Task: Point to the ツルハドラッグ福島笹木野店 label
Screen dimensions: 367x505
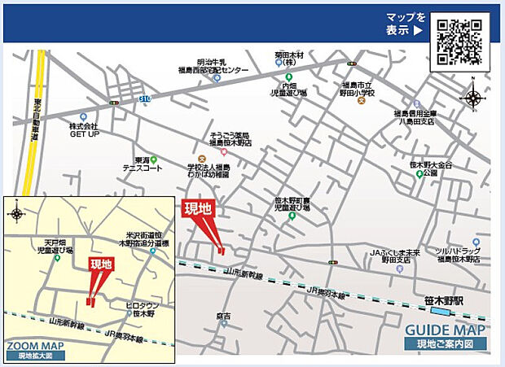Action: click(x=459, y=255)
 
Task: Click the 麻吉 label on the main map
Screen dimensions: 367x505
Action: click(x=224, y=316)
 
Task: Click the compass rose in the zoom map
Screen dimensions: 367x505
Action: click(x=16, y=214)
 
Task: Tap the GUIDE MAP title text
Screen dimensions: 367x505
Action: click(x=446, y=330)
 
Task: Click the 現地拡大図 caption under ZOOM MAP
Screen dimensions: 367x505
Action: click(x=33, y=356)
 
